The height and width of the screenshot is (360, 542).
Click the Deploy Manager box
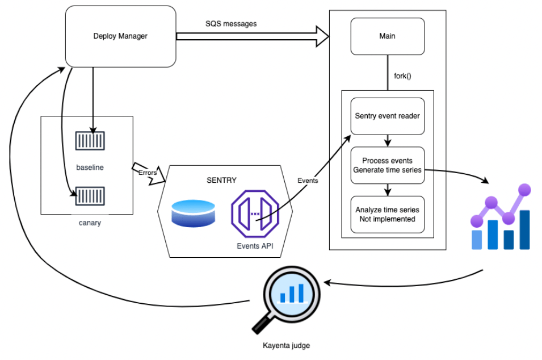pyautogui.click(x=120, y=36)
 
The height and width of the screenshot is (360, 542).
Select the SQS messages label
pyautogui.click(x=231, y=24)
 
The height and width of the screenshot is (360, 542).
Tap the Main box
pyautogui.click(x=387, y=36)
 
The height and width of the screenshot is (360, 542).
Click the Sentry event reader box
pyautogui.click(x=387, y=116)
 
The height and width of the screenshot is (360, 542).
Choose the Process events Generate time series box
pyautogui.click(x=387, y=165)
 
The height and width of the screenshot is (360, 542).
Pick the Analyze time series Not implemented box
pyautogui.click(x=387, y=214)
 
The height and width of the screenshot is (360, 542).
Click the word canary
pyautogui.click(x=90, y=223)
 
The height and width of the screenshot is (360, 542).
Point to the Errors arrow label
pyautogui.click(x=148, y=173)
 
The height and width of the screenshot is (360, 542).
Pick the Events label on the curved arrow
pyautogui.click(x=308, y=181)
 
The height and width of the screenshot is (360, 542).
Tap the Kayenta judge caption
pyautogui.click(x=287, y=345)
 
